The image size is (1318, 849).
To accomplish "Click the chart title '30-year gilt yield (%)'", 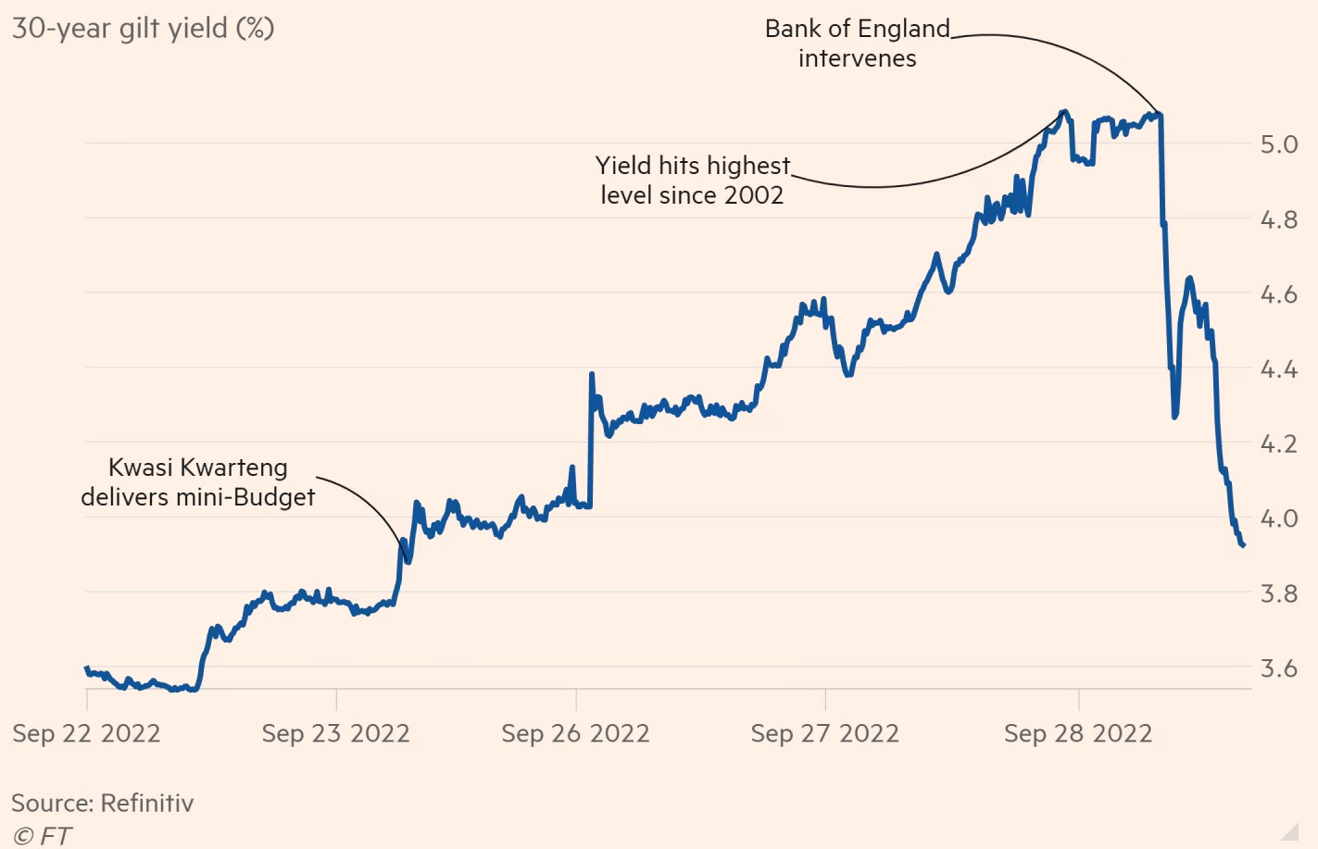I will [143, 29].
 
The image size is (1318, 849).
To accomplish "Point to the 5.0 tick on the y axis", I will [1278, 144].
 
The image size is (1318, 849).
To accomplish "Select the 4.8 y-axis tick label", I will [1278, 220].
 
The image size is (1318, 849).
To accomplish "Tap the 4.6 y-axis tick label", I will [1278, 295].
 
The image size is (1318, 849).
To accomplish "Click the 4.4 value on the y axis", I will [1278, 370].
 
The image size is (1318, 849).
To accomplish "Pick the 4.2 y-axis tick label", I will [1278, 444].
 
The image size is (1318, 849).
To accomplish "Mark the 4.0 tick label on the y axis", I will [1278, 518].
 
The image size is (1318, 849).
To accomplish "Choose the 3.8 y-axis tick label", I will [1278, 593].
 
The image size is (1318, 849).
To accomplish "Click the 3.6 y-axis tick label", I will [1278, 668].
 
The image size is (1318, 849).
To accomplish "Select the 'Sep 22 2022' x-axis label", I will [86, 734].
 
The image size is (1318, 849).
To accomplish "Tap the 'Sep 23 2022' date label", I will [335, 734].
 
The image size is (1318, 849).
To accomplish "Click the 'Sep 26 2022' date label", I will [575, 734].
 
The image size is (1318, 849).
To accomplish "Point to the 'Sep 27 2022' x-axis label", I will [824, 734].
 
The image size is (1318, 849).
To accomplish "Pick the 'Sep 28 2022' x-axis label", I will [1078, 734].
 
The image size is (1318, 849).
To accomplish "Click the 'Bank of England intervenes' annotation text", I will [858, 44].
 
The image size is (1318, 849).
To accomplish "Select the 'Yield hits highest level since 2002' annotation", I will [693, 181].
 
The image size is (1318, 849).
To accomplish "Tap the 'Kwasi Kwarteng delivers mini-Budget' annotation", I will [198, 482].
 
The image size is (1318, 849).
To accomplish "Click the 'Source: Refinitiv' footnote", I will [103, 804].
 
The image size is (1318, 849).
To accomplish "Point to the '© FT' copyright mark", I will [43, 836].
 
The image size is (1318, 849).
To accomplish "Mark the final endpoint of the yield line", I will [1243, 545].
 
